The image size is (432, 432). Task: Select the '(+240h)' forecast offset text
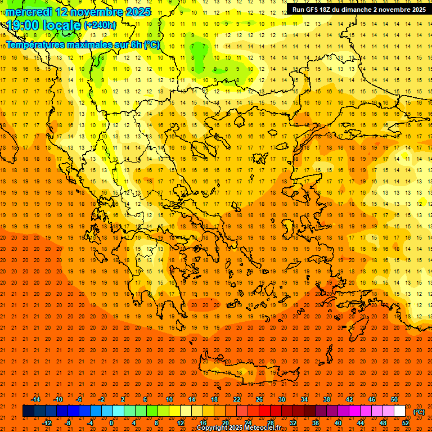(100, 25)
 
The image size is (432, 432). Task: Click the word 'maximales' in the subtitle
(96, 44)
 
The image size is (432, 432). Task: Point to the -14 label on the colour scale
(35, 399)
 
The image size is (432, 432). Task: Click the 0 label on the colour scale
(111, 423)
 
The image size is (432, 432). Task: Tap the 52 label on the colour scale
(406, 423)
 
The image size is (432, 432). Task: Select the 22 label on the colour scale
(237, 399)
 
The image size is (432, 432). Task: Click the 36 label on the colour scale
(316, 423)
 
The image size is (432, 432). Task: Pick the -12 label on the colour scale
(47, 423)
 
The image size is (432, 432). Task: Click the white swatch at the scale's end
(400, 411)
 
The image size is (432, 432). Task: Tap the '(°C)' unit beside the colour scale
(419, 412)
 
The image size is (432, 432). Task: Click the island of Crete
(247, 371)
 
